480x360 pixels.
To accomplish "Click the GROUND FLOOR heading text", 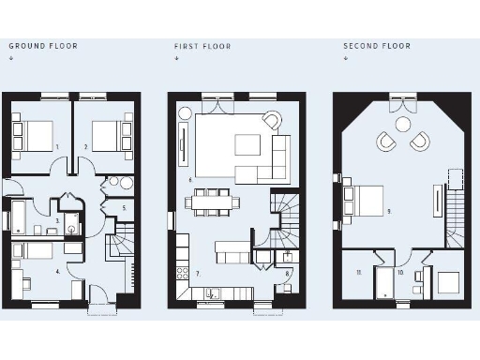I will pyautogui.click(x=43, y=46).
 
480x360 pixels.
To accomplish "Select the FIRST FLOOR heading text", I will pyautogui.click(x=202, y=46).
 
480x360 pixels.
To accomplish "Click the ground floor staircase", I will pyautogui.click(x=122, y=253).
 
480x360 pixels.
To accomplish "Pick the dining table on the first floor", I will pyautogui.click(x=212, y=201).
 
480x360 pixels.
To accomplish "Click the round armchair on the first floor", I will pyautogui.click(x=272, y=120).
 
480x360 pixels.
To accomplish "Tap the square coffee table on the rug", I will pyautogui.click(x=247, y=143).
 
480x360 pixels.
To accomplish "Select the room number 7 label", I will pyautogui.click(x=198, y=273).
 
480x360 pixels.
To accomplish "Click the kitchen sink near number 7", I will pyautogui.click(x=213, y=293).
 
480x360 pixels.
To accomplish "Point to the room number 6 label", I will pyautogui.click(x=190, y=178).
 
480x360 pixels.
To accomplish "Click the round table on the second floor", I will pyautogui.click(x=403, y=124).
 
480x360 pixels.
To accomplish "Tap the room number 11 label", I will pyautogui.click(x=358, y=272).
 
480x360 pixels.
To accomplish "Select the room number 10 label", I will pyautogui.click(x=400, y=273).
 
